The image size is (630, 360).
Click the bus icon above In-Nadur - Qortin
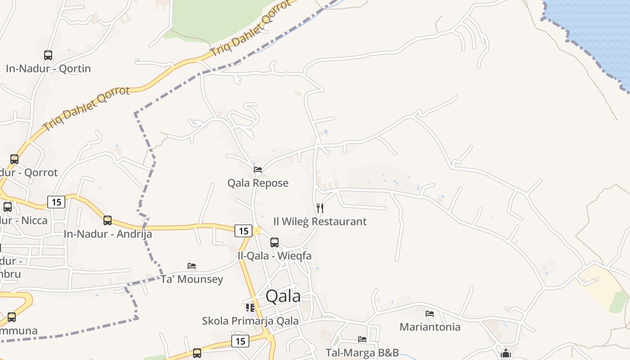click(x=48, y=55)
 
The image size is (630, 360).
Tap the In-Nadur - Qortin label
click(x=48, y=68)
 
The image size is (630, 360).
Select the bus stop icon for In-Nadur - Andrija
click(x=108, y=220)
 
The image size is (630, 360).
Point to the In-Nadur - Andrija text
click(x=108, y=234)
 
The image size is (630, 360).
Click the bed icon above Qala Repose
click(x=258, y=170)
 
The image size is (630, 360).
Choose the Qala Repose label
click(x=258, y=183)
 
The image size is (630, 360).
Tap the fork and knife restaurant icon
click(x=320, y=208)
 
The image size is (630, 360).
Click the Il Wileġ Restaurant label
click(x=320, y=221)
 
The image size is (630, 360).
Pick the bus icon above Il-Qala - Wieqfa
click(x=274, y=243)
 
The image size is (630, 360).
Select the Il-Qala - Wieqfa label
click(x=274, y=256)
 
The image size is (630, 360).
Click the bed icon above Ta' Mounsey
click(x=192, y=266)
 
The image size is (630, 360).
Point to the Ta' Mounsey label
click(x=192, y=279)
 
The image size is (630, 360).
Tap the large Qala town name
click(x=283, y=296)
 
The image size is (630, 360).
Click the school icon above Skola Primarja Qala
click(x=250, y=308)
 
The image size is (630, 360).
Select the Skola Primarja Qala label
click(x=250, y=321)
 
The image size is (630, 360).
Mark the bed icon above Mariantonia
click(x=430, y=313)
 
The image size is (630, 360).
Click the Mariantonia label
click(x=430, y=327)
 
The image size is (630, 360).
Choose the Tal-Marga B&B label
click(x=362, y=352)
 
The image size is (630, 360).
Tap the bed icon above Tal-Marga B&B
click(x=362, y=339)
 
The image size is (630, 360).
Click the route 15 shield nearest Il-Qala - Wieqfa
click(x=243, y=231)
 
